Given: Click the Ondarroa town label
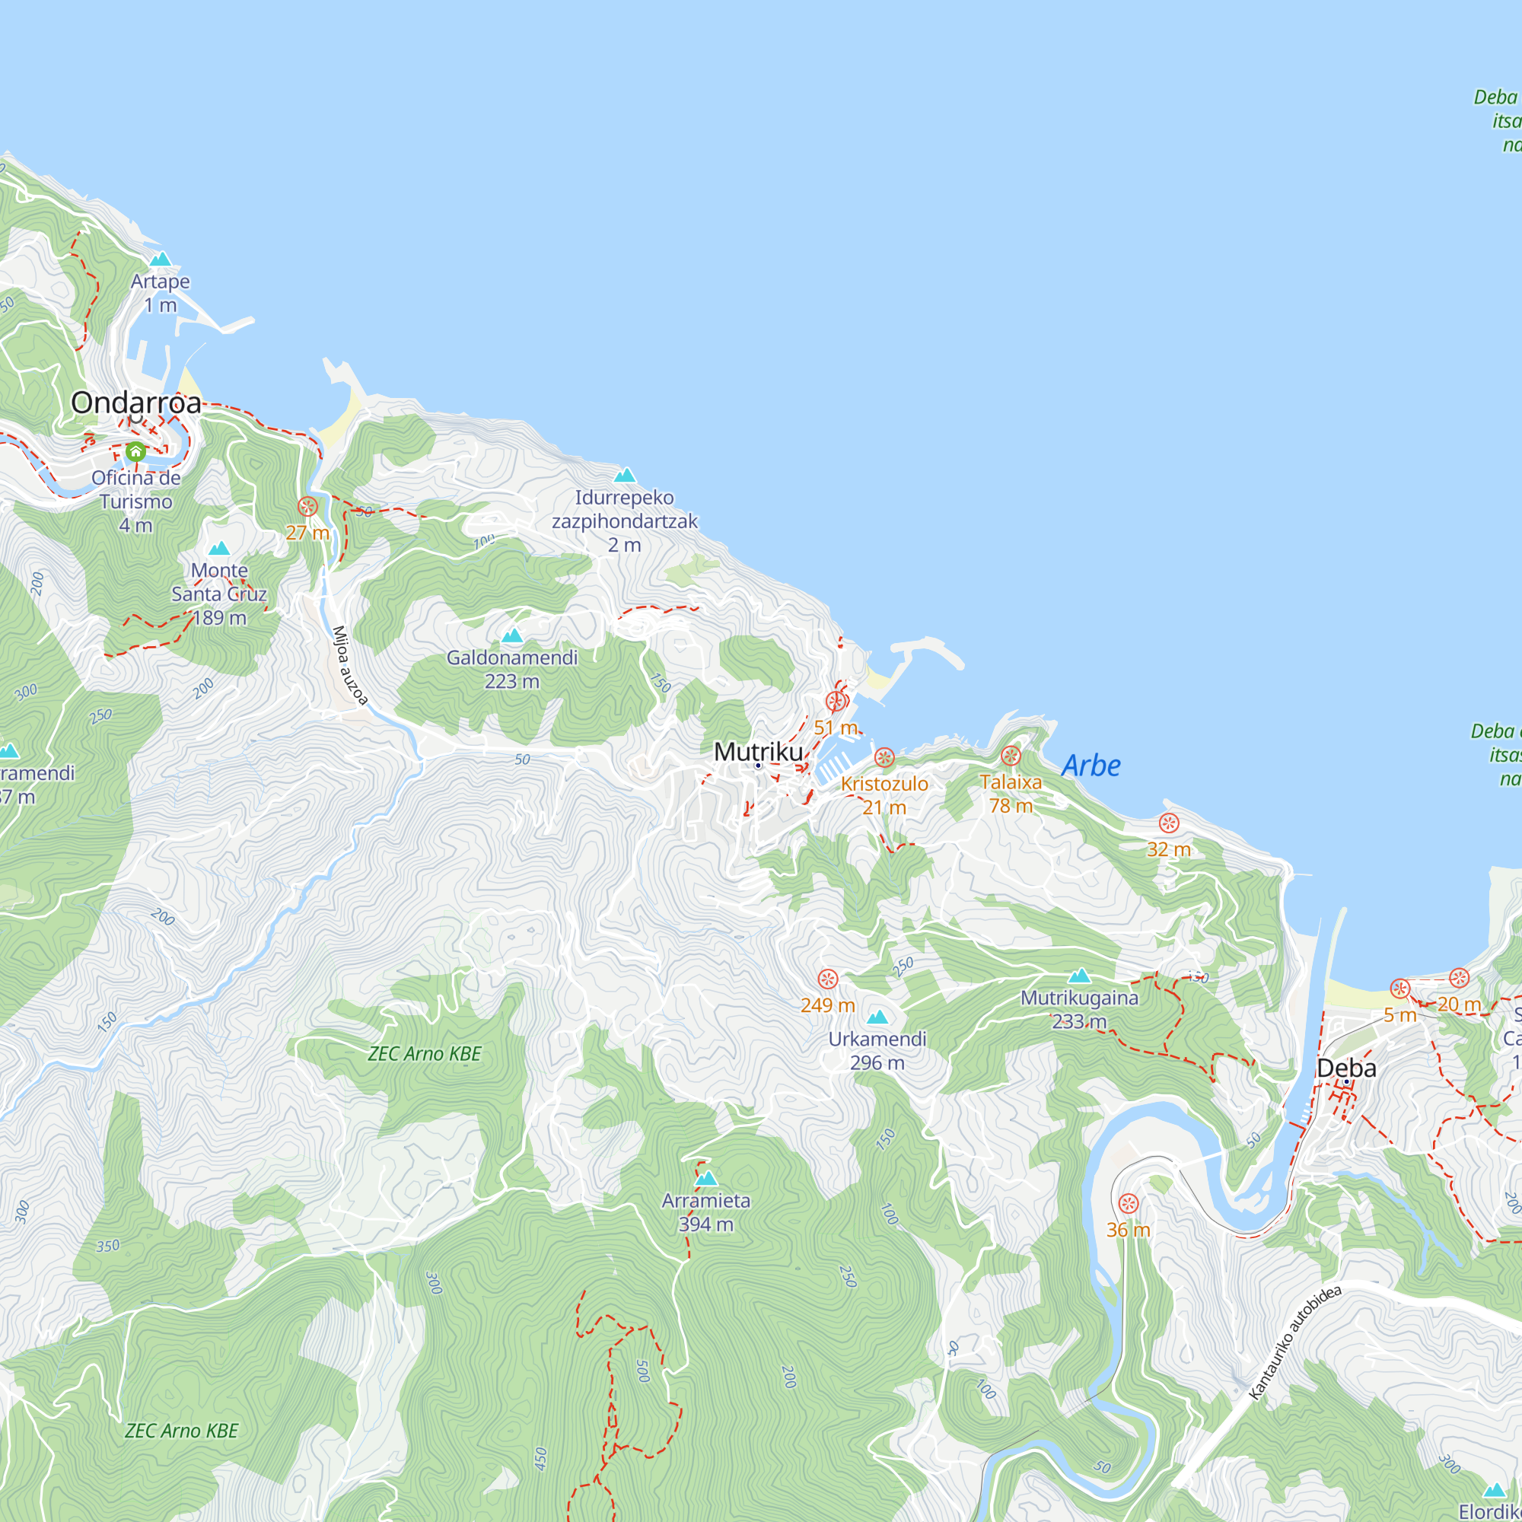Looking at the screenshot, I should [x=136, y=403].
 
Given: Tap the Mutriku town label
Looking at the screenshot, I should [x=758, y=752].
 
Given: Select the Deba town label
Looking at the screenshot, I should [x=1346, y=1068].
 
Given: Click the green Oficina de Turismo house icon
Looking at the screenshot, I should [x=135, y=452].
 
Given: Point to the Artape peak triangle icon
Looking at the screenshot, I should [x=161, y=260].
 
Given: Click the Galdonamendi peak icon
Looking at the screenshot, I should [x=512, y=635].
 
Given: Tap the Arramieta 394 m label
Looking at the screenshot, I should [x=706, y=1212].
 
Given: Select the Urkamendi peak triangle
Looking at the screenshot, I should [x=877, y=1017].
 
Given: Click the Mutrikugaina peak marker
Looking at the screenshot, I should [x=1079, y=976].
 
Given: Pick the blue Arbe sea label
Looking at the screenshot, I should [x=1091, y=766].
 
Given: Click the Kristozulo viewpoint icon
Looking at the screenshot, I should [x=884, y=758].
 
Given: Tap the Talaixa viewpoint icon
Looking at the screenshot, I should [x=1011, y=756].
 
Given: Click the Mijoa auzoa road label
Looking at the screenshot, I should [x=350, y=665].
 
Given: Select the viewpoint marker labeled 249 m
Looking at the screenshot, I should [x=827, y=979].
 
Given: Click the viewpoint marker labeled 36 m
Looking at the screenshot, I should [x=1128, y=1204].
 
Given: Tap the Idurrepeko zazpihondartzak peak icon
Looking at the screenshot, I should [x=625, y=475].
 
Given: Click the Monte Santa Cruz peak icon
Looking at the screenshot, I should [x=219, y=548].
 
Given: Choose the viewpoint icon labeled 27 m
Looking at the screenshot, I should [x=307, y=507].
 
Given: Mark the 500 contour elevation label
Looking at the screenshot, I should [x=643, y=1371].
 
